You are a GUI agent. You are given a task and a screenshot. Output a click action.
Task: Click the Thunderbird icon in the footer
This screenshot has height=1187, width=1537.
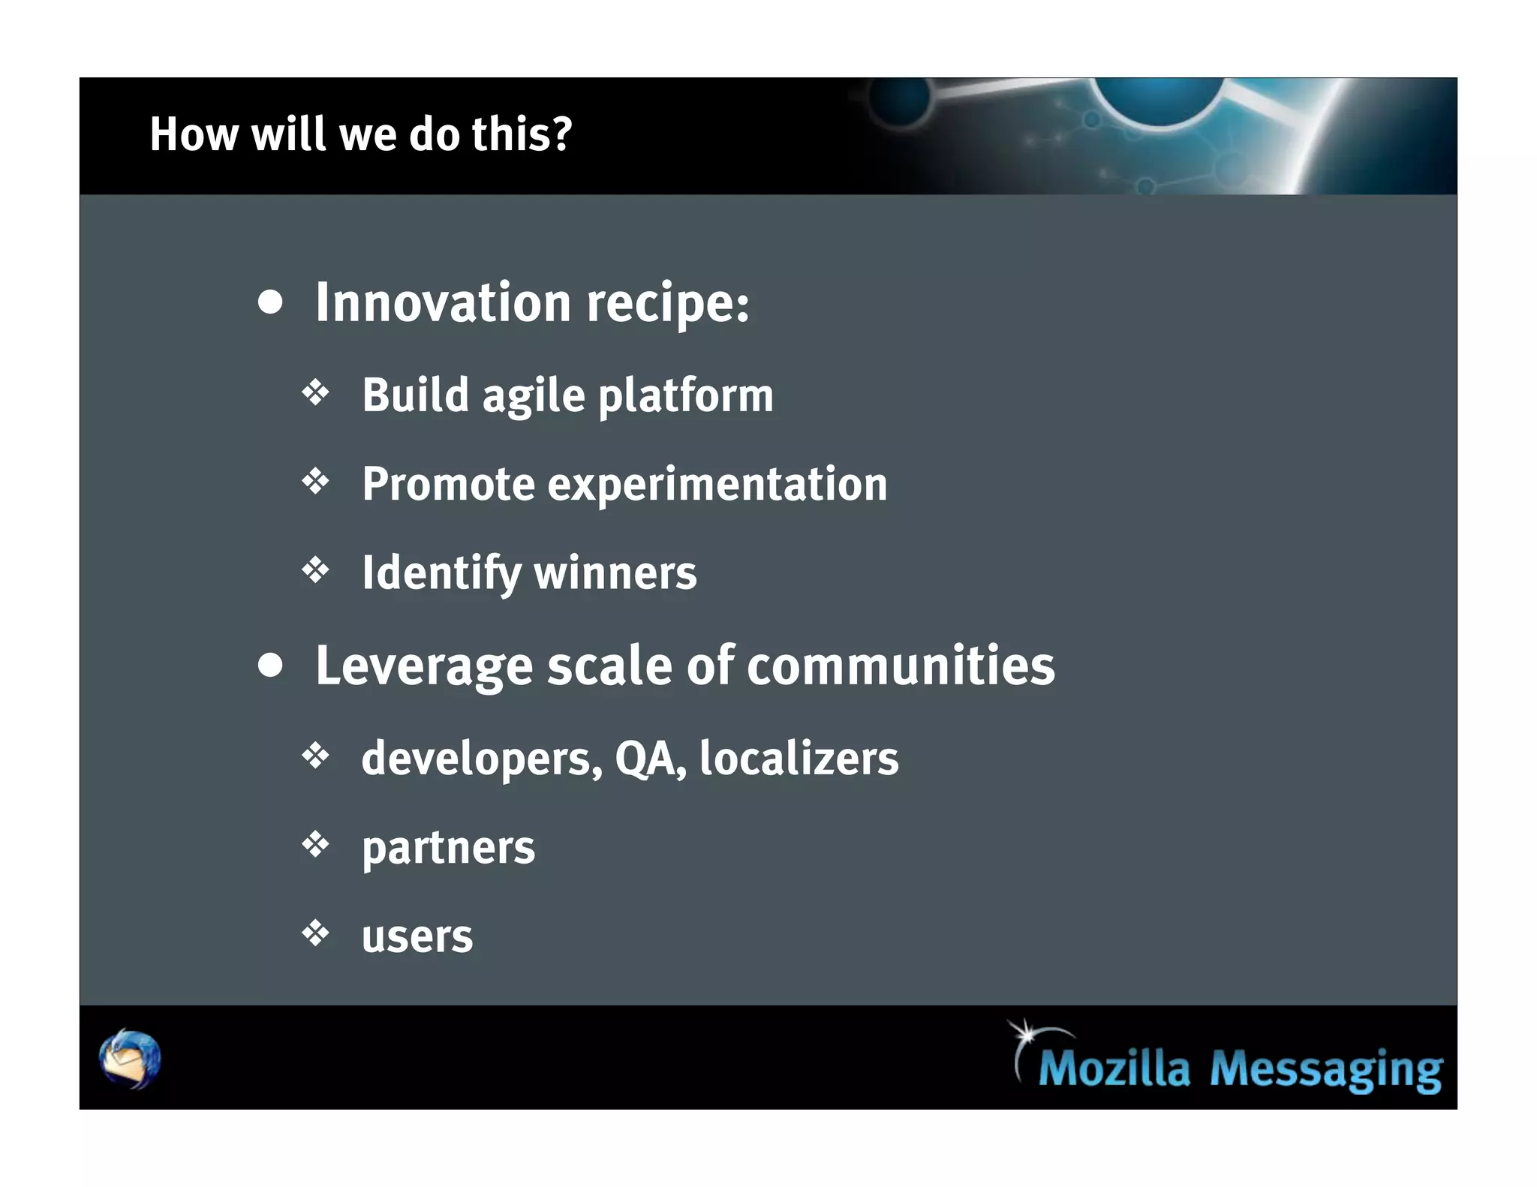point(130,1058)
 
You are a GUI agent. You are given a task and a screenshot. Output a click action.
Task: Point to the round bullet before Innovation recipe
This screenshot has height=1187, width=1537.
point(270,302)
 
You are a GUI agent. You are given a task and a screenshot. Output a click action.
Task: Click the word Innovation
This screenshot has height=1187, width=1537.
point(443,302)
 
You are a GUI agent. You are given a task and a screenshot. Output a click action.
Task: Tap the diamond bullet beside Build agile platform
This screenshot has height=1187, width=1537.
point(316,392)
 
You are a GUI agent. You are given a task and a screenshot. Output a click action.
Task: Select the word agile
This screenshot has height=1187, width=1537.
point(533,396)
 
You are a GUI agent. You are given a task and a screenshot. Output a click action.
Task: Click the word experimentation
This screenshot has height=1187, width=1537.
point(717,485)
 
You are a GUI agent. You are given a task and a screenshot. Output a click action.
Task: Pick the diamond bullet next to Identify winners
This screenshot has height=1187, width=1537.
point(316,570)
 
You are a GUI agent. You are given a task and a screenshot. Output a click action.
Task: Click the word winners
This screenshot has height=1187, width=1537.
point(615,573)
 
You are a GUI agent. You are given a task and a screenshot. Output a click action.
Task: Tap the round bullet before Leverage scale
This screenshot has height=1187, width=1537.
point(270,665)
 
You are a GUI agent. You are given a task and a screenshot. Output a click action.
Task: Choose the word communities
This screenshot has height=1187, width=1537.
point(901,666)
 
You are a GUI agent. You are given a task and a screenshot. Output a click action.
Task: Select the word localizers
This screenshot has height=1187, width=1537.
point(799,758)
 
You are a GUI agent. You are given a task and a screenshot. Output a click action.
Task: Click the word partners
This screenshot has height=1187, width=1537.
point(448,848)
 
